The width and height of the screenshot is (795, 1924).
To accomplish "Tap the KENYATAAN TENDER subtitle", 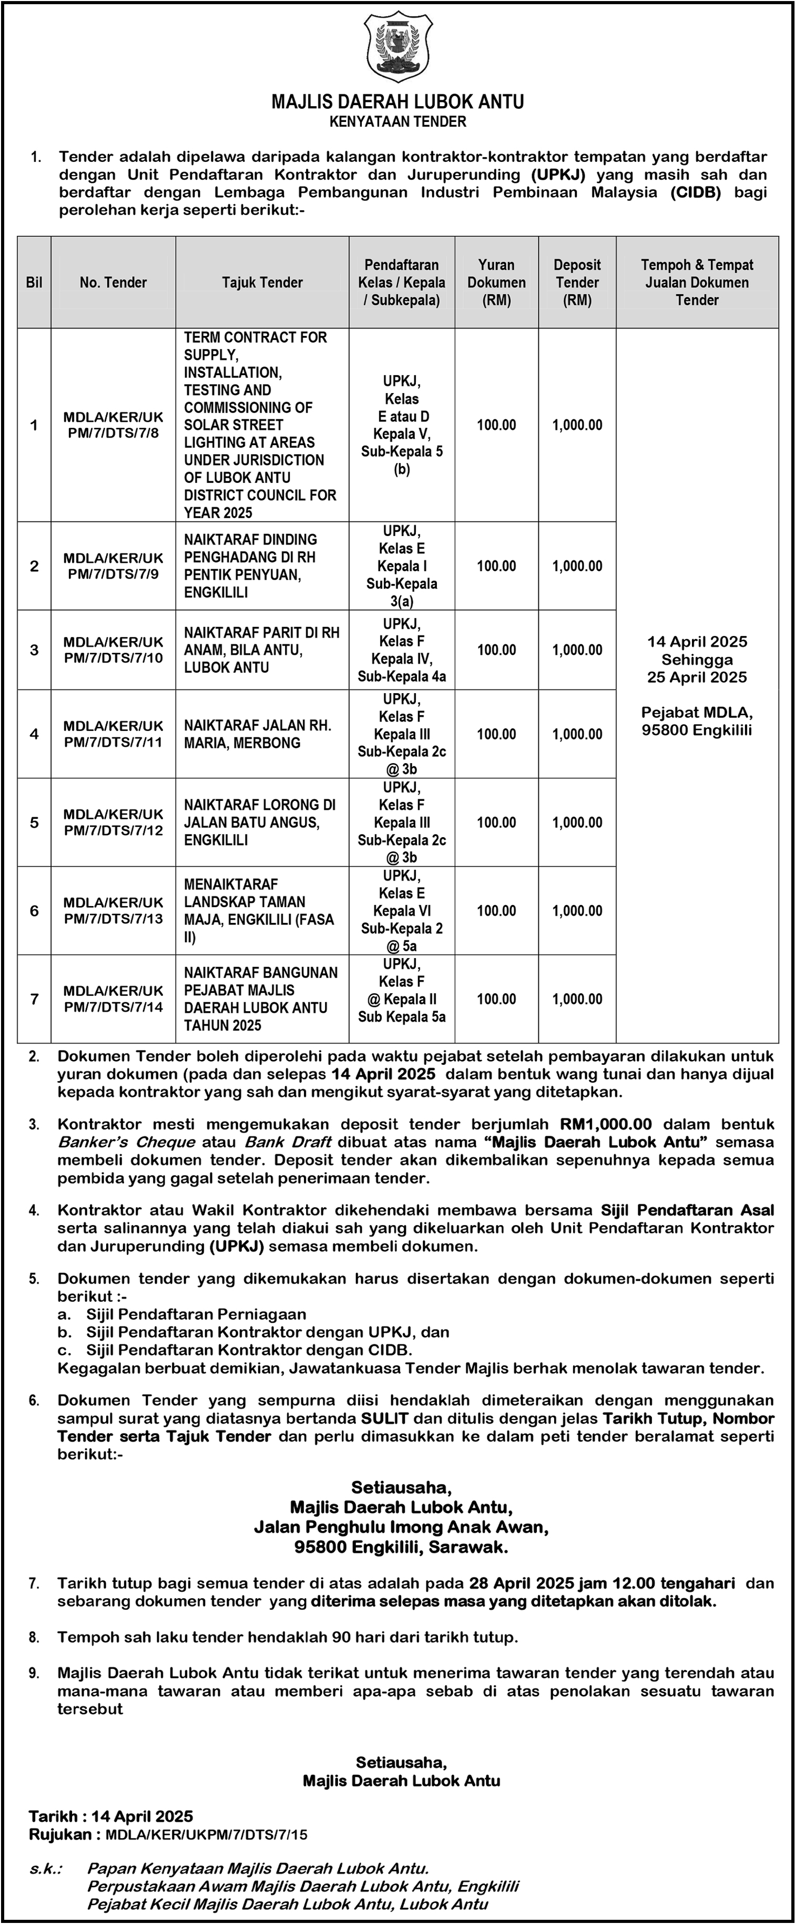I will point(397,122).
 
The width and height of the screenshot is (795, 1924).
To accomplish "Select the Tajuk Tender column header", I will point(262,282).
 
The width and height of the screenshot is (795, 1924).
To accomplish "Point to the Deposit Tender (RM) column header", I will point(577,282).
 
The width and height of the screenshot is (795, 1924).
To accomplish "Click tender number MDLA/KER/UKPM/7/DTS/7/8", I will point(113,425).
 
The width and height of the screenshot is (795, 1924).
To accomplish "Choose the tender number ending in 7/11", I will point(113,734).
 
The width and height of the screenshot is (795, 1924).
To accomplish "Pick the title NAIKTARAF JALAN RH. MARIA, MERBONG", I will point(258,734).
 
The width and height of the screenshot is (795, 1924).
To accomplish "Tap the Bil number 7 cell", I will point(34,999).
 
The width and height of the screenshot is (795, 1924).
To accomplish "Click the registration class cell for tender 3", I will point(402,650).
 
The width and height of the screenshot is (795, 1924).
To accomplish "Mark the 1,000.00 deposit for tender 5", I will point(577,822).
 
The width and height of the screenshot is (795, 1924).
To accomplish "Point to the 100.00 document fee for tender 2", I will point(496,566).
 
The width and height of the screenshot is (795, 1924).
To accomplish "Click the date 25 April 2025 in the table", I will point(696,677).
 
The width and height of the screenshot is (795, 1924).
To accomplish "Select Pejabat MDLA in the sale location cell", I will point(696,712).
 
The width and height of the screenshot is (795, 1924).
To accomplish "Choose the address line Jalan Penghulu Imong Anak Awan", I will point(401,1527).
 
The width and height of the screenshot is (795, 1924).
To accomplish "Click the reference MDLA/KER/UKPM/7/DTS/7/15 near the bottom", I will point(206,1834).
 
